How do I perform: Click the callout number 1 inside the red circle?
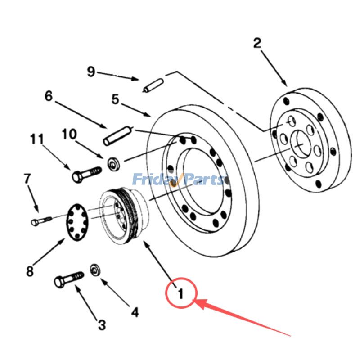(180, 294)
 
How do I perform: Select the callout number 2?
(257, 44)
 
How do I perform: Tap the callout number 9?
(91, 72)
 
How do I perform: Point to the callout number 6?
(49, 96)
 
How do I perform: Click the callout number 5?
(116, 99)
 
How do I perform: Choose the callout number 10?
(69, 134)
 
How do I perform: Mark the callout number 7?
(27, 179)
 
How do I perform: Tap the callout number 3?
(102, 324)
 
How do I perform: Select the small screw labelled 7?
(42, 220)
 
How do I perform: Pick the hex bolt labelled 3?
(68, 279)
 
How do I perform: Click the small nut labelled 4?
(95, 269)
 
